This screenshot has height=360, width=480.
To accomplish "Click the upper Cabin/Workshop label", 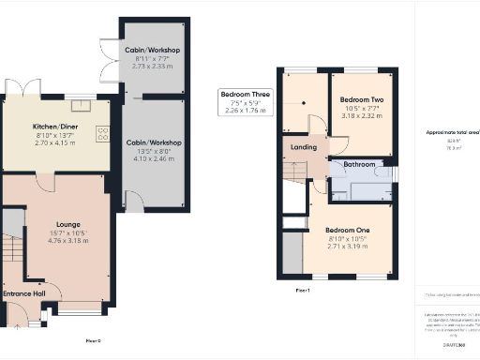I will [x=152, y=50].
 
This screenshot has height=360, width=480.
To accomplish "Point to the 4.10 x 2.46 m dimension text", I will [x=152, y=160].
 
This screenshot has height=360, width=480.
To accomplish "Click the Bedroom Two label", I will [x=361, y=99].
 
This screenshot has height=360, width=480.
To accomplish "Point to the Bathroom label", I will [x=358, y=164].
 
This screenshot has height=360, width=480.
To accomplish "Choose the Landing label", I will [x=304, y=146].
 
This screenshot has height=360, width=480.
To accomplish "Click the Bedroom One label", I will [x=348, y=231].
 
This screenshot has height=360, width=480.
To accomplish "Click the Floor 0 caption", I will [x=93, y=339].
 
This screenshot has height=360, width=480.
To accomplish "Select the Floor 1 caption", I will [x=302, y=291].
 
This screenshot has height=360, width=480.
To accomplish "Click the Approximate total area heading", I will [x=453, y=132].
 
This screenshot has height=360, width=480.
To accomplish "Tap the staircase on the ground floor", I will [x=12, y=251].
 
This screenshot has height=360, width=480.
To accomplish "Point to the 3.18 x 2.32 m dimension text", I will [x=361, y=116].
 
